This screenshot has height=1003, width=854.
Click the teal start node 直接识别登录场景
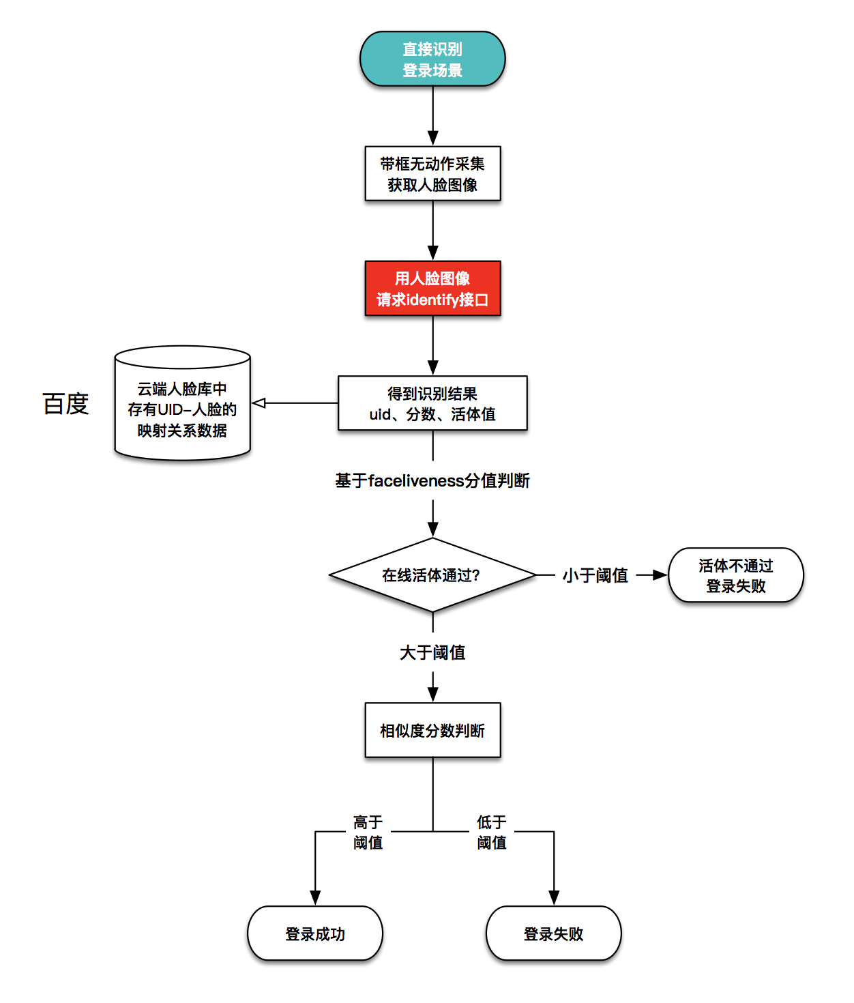432,59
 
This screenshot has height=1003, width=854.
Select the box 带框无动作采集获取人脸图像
433,173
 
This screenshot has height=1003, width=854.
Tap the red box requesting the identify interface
433,288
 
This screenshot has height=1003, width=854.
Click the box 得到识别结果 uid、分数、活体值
433,403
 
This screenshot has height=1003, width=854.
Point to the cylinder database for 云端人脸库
182,403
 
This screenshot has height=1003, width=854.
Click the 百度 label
65,404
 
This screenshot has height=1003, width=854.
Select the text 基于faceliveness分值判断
432,480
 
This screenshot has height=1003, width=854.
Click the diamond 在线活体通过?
432,575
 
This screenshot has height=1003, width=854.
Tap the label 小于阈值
595,575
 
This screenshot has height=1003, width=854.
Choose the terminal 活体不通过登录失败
735,575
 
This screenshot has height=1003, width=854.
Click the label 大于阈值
432,653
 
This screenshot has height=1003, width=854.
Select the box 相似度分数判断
433,730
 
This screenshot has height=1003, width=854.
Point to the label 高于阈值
368,832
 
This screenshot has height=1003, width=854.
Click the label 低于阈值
492,832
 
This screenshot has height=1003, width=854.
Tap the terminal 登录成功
315,933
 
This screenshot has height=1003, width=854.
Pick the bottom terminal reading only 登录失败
554,933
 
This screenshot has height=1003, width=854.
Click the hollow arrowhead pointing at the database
259,403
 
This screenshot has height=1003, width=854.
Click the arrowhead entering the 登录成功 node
315,898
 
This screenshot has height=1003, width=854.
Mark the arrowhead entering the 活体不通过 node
660,575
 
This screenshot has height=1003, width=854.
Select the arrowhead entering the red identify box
433,253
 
